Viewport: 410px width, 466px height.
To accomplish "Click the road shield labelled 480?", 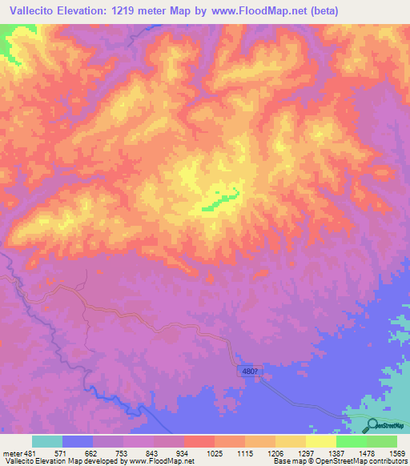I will (249, 372).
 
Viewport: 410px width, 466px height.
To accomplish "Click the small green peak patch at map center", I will (220, 201).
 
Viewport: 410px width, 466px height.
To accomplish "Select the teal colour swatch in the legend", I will (47, 441).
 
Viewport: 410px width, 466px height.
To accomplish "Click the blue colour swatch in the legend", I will (78, 441).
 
